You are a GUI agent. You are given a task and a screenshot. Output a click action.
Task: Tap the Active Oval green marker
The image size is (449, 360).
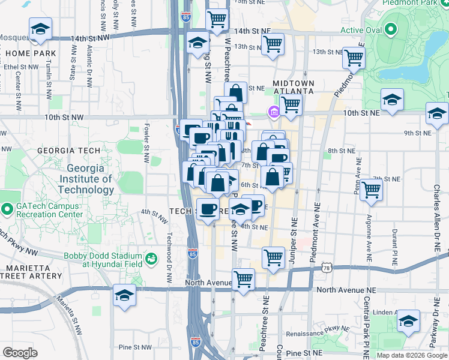[391, 29]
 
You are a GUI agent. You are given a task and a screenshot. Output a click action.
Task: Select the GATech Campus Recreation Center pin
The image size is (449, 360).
[7, 209]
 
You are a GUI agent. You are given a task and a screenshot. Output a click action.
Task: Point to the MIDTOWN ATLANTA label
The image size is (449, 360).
[294, 86]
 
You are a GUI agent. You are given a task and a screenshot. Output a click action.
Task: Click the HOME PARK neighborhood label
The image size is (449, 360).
[31, 53]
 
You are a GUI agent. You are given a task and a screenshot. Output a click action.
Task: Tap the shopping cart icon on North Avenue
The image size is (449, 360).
[243, 279]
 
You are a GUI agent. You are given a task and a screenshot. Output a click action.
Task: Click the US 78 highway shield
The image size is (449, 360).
[326, 265]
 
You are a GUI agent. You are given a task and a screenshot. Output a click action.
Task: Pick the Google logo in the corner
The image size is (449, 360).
[20, 353]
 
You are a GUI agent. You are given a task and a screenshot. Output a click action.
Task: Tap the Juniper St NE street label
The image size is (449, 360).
[294, 235]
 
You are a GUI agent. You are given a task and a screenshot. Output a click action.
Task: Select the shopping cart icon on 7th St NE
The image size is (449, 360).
[372, 190]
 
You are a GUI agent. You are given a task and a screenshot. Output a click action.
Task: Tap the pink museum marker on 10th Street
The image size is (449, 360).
[274, 112]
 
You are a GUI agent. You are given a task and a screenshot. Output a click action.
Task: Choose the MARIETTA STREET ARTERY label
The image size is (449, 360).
[33, 272]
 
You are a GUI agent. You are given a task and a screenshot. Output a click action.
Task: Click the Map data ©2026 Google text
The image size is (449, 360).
[412, 355]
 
